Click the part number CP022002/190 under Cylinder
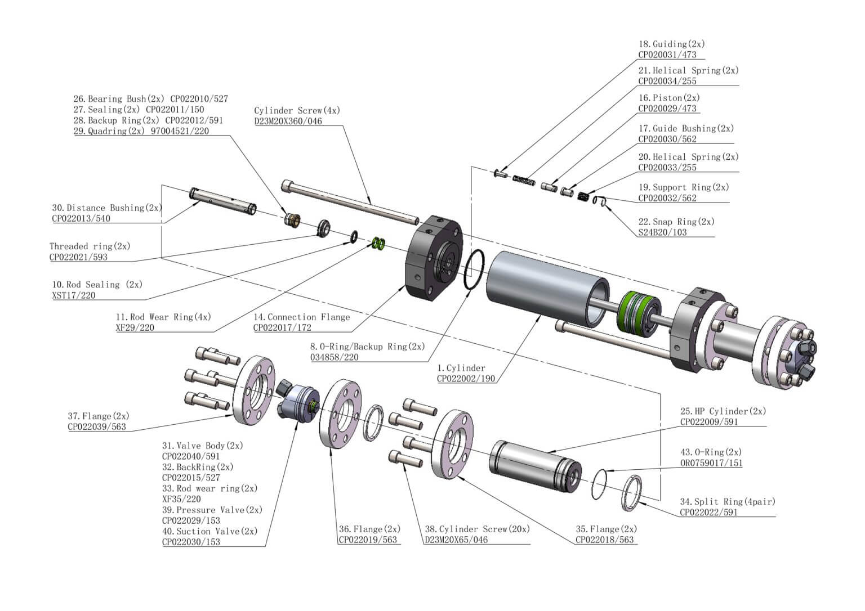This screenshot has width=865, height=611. pyautogui.click(x=466, y=379)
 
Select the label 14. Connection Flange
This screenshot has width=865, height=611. pyautogui.click(x=301, y=317)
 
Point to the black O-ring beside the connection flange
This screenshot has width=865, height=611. pyautogui.click(x=475, y=270)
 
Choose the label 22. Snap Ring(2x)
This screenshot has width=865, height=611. pyautogui.click(x=676, y=222)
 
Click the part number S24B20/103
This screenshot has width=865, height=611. pyautogui.click(x=662, y=232)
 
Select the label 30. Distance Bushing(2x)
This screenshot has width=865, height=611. pyautogui.click(x=107, y=208)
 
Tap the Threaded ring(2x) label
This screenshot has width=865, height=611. pyautogui.click(x=90, y=246)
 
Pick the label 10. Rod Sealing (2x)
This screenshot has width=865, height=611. pyautogui.click(x=97, y=285)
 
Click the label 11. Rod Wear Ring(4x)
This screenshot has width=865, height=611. pyautogui.click(x=163, y=317)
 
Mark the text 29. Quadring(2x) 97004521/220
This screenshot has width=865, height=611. pyautogui.click(x=141, y=131)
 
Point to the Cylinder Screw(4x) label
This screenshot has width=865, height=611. pyautogui.click(x=297, y=111)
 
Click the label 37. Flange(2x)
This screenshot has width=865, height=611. pyautogui.click(x=99, y=416)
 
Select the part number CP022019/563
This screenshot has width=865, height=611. pyautogui.click(x=368, y=540)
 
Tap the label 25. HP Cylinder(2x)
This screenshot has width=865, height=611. pyautogui.click(x=723, y=411)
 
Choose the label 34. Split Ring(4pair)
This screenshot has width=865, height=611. pyautogui.click(x=727, y=502)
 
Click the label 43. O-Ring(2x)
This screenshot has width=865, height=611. pyautogui.click(x=711, y=452)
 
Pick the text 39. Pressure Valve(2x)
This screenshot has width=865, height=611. pyautogui.click(x=212, y=510)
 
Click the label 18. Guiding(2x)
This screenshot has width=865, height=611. pyautogui.click(x=671, y=44)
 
